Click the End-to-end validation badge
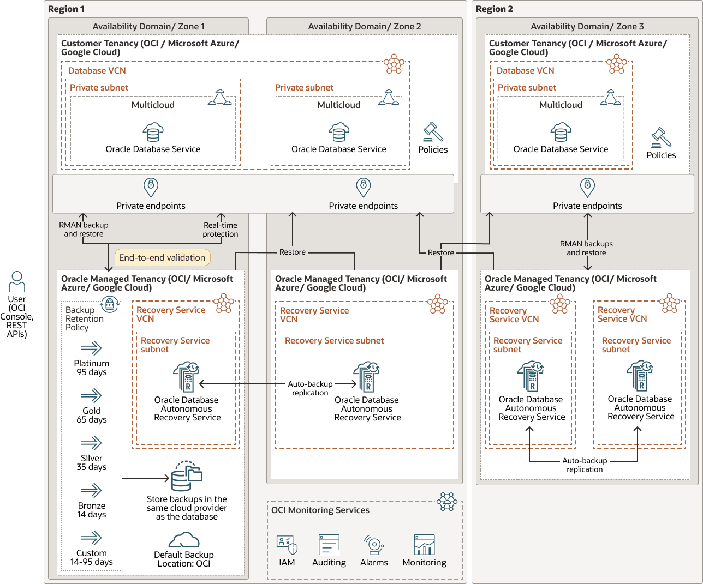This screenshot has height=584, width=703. click(162, 257)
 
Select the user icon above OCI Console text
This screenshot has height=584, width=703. click(17, 281)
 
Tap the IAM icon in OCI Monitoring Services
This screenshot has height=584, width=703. click(287, 545)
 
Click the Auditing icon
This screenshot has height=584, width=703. click(329, 544)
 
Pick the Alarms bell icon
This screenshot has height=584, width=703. click(374, 544)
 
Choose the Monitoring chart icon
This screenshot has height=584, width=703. click(424, 544)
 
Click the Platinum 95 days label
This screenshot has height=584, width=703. click(92, 368)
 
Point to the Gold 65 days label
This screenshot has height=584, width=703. click(92, 415)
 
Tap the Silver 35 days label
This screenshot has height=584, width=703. click(92, 462)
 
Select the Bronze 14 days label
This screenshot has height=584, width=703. click(92, 510)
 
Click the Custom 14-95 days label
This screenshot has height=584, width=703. click(92, 557)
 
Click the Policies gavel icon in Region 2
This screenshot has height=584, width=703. click(661, 137)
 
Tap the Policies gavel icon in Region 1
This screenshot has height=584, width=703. click(433, 132)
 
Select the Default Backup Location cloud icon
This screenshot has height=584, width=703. click(184, 540)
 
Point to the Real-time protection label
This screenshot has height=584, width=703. click(221, 230)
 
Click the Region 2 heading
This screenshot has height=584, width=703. click(495, 9)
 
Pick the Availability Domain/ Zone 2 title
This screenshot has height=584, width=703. click(365, 26)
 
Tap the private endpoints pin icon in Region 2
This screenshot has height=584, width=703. click(587, 188)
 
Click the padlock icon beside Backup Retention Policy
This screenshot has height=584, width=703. click(110, 304)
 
